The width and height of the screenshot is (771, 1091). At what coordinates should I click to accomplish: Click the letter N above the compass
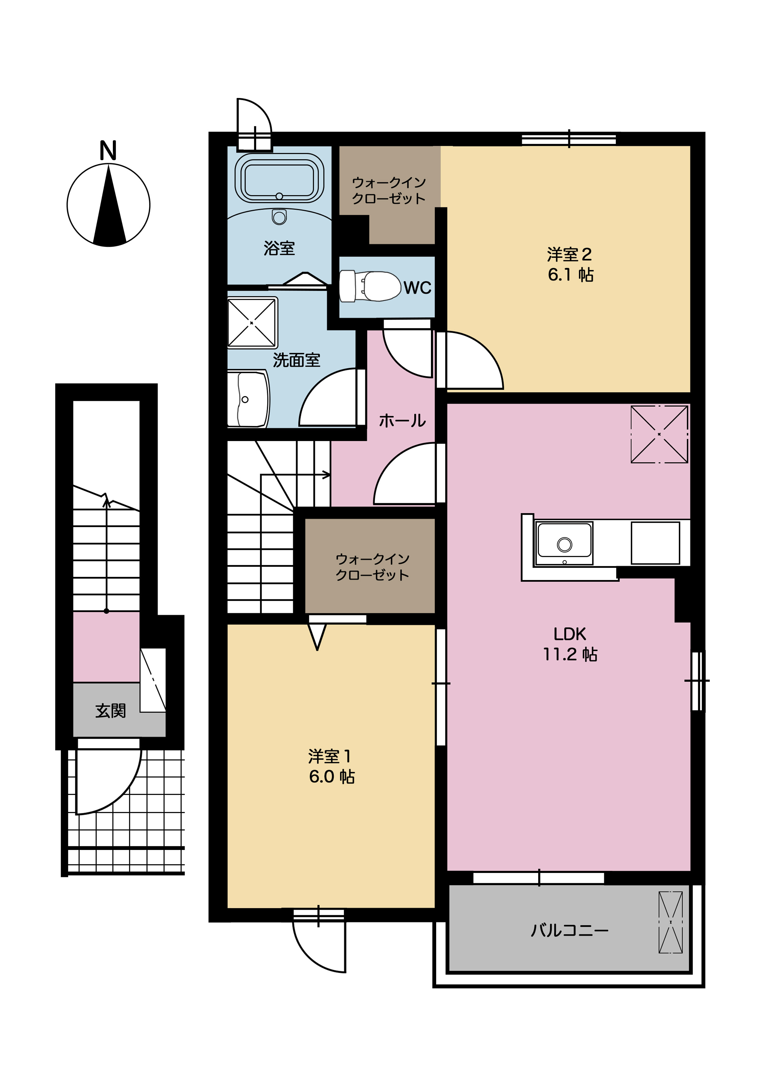tap(108, 151)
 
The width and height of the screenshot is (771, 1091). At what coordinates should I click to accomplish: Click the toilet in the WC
tap(370, 286)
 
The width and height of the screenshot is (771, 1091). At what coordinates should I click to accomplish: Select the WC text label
tap(418, 287)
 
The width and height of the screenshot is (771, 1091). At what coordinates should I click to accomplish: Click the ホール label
tap(402, 420)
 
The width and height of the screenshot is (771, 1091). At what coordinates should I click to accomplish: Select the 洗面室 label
tap(296, 360)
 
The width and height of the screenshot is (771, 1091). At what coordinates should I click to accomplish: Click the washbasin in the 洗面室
tap(247, 399)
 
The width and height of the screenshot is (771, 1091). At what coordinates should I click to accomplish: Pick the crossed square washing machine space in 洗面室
tap(252, 323)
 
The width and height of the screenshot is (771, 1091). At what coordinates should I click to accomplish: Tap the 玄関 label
tap(110, 711)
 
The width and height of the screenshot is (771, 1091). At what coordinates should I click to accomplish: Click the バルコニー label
tap(569, 930)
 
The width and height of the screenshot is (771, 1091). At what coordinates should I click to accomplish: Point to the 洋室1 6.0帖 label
tap(331, 766)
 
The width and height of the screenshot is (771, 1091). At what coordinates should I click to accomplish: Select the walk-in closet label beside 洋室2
tap(389, 190)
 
